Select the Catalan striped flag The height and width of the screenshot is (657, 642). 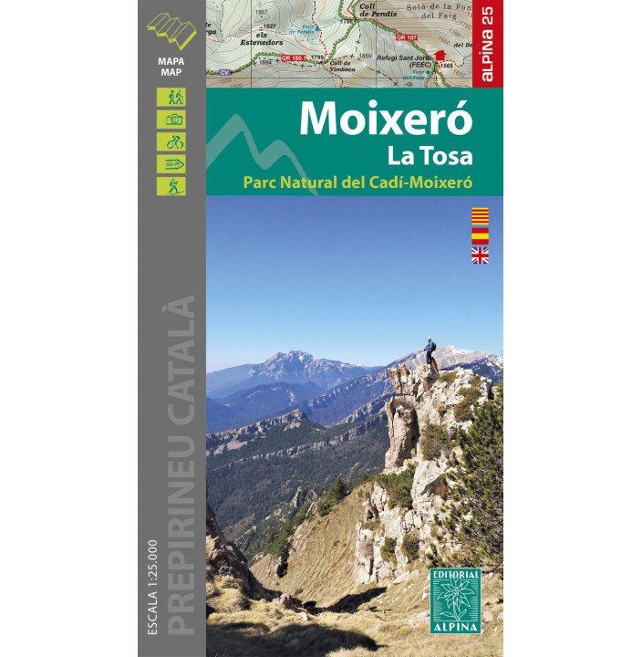tap(480, 216)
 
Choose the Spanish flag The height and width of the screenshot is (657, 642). tap(480, 235)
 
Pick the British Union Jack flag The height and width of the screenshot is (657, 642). tap(480, 255)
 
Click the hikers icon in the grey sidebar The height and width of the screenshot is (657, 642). tap(171, 97)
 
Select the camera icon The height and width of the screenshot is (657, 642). tap(171, 119)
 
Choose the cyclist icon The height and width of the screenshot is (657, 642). tap(171, 141)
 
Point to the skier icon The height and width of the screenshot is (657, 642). tap(171, 186)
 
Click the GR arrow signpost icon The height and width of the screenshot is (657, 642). tap(171, 164)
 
